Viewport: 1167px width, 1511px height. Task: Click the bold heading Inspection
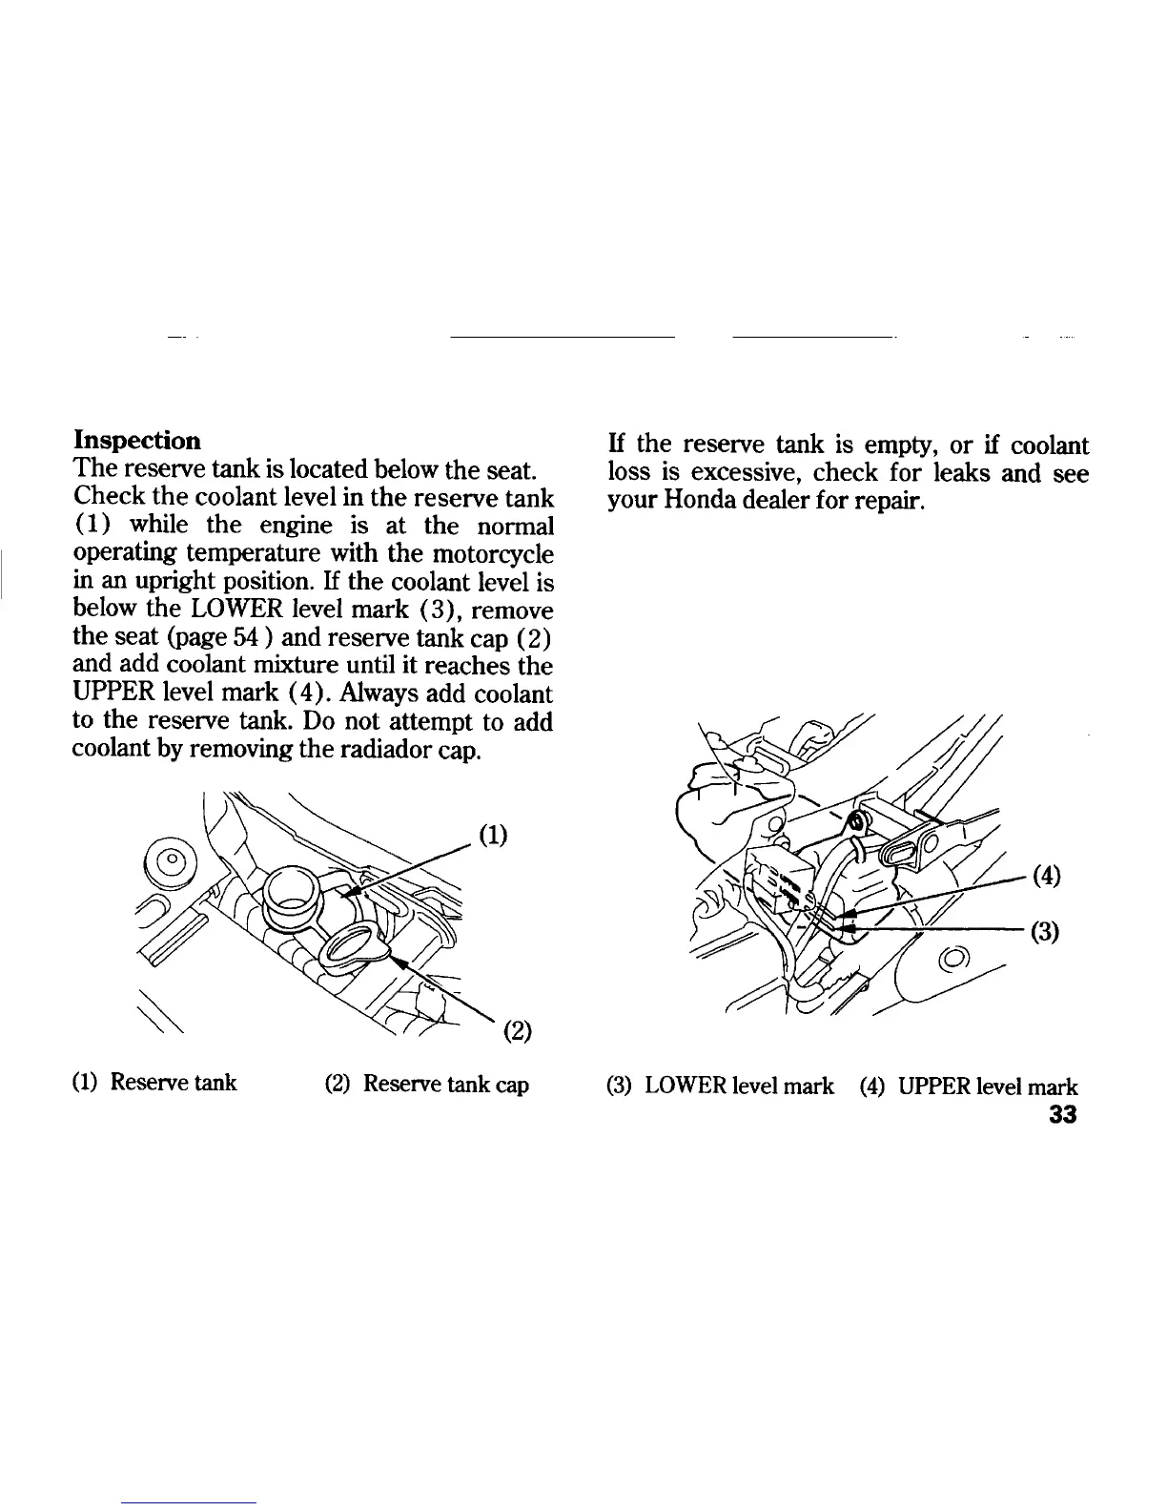coord(137,441)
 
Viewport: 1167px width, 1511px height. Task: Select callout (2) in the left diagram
coord(516,1031)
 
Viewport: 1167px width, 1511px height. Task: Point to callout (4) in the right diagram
coord(1046,875)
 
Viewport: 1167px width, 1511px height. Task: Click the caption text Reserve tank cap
coord(445,1084)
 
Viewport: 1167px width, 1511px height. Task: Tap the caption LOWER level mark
coord(738,1086)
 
